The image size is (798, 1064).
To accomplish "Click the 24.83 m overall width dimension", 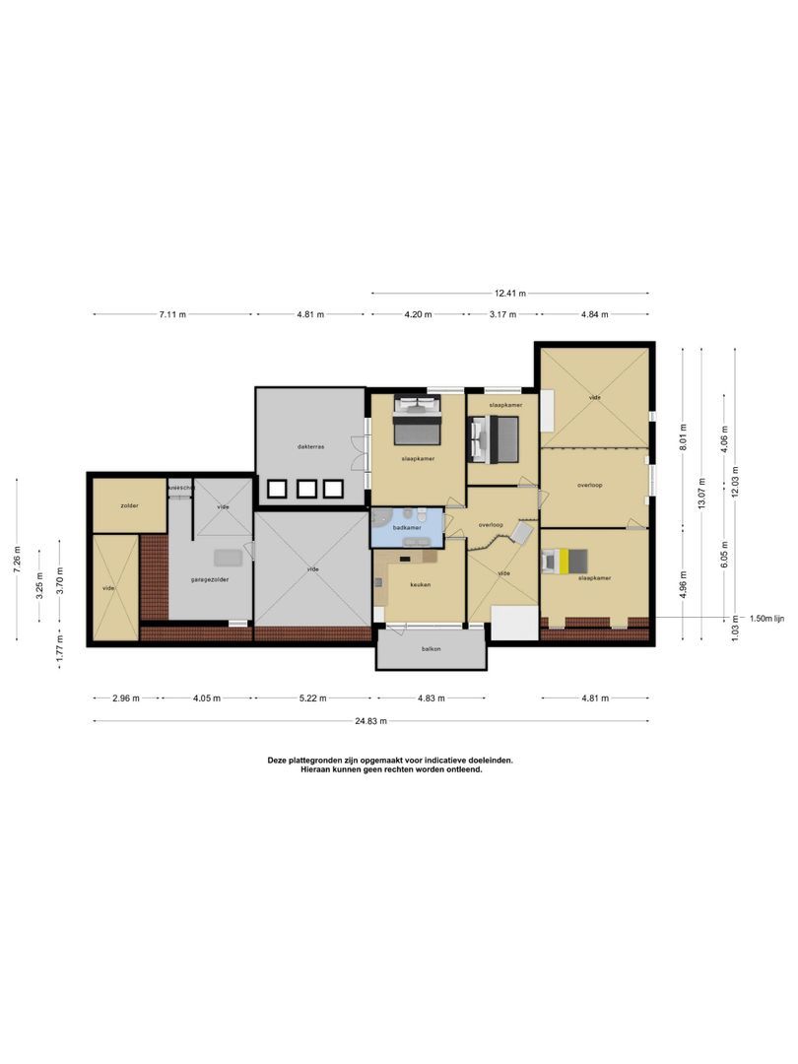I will click(371, 720).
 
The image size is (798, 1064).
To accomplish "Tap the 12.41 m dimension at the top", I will click(510, 293).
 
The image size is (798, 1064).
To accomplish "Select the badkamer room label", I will click(406, 528).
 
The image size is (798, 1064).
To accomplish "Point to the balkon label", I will click(430, 649).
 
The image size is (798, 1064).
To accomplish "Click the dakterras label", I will click(310, 446).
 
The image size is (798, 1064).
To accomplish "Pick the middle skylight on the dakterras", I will click(306, 488).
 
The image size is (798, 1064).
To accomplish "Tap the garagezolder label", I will click(210, 579).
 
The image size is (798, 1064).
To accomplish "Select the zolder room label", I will click(129, 505).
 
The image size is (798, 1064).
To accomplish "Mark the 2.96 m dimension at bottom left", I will click(126, 698).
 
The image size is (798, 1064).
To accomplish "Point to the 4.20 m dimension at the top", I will click(418, 314).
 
